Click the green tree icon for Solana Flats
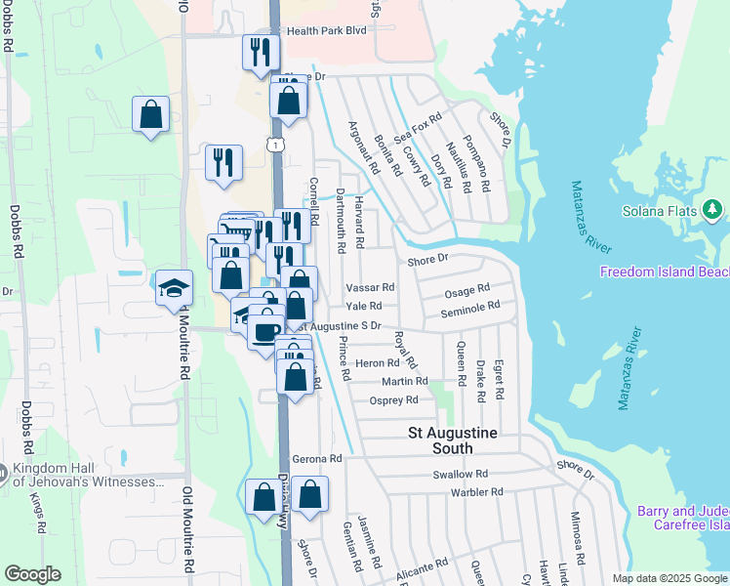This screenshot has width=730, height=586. pyautogui.click(x=712, y=209)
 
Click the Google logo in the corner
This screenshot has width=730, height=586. pyautogui.click(x=32, y=574)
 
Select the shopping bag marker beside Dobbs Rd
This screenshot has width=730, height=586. pyautogui.click(x=151, y=114)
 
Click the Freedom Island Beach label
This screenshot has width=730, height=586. pyautogui.click(x=664, y=272)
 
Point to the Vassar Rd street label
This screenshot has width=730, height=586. pyautogui.click(x=370, y=288)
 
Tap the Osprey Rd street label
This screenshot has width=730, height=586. pyautogui.click(x=394, y=400)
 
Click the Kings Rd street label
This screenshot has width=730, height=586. pyautogui.click(x=38, y=506)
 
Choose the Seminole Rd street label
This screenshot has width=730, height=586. pyautogui.click(x=469, y=308)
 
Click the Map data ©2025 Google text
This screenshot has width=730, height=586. pyautogui.click(x=669, y=578)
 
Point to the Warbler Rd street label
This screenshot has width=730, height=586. pyautogui.click(x=476, y=492)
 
